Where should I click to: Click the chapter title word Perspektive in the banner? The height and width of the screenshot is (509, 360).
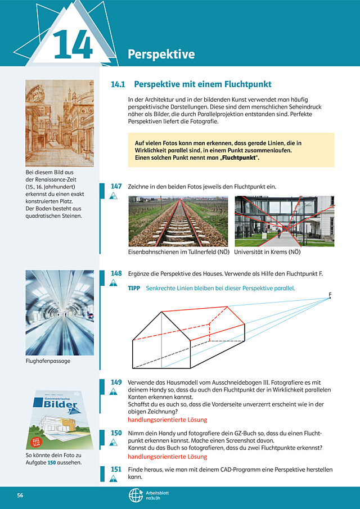tap(161, 54)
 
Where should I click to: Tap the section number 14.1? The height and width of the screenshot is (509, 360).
tap(118, 84)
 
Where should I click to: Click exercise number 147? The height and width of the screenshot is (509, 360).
tap(116, 186)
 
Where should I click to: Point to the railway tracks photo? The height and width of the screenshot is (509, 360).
tap(178, 221)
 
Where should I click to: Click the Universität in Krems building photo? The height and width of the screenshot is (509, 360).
tap(285, 221)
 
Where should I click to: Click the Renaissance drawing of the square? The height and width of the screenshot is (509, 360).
tap(60, 123)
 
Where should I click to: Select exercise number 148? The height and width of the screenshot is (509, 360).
tap(116, 273)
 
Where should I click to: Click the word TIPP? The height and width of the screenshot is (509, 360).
tap(134, 288)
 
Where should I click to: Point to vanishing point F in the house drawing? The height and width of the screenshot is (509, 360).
tap(330, 298)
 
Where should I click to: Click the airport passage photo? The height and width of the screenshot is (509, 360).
tap(60, 313)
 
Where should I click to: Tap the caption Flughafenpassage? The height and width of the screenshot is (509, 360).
tap(48, 361)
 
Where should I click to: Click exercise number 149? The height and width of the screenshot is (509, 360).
tap(116, 382)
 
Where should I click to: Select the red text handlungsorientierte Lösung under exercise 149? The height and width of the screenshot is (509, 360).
tap(168, 420)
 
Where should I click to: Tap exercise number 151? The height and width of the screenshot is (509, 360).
tap(116, 470)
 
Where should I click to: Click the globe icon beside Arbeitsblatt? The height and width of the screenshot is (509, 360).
tap(136, 496)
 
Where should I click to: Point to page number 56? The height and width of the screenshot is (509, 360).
tap(20, 496)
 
